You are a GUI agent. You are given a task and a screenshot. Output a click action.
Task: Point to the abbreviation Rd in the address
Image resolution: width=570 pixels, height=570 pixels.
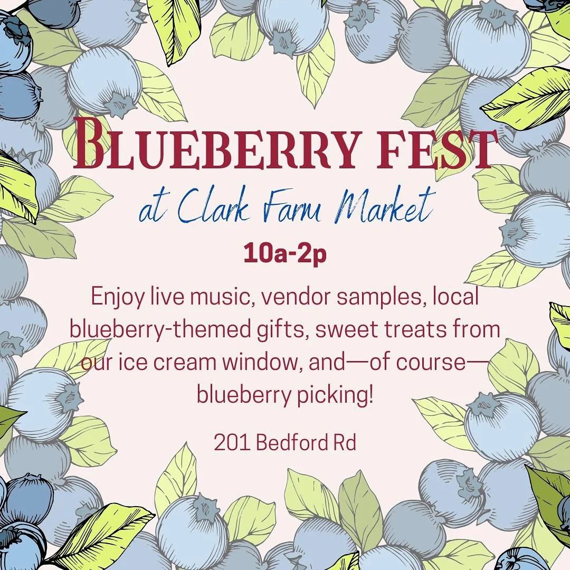[x=345, y=443]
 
